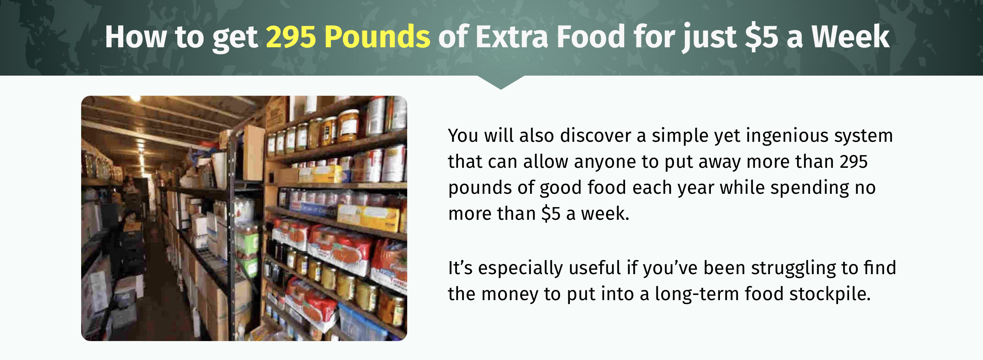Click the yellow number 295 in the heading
point(291,37)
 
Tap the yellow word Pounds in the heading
point(377,37)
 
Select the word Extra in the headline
point(512,37)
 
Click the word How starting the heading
point(135,37)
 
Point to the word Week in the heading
point(850,37)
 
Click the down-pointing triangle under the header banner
point(501,82)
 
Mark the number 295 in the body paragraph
point(853,162)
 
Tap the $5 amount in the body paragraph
point(551,214)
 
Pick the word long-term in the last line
point(696,294)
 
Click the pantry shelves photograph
point(244,218)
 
